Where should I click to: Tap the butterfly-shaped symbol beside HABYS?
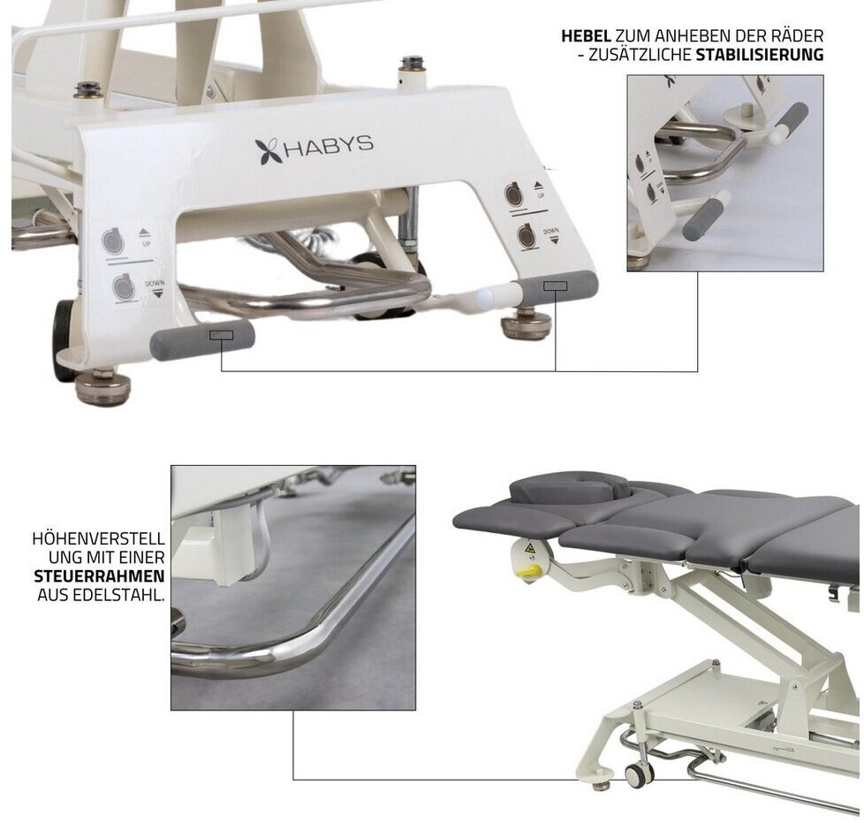[x=268, y=151]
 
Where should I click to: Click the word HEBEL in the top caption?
[x=586, y=36]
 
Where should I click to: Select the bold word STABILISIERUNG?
[x=759, y=55]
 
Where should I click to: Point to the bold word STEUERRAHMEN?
[x=99, y=576]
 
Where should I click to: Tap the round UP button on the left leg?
[x=112, y=241]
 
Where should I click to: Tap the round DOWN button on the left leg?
[x=123, y=288]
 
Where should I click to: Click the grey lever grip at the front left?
[x=202, y=338]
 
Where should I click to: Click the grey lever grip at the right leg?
[x=557, y=286]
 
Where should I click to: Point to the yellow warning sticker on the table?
[x=531, y=548]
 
